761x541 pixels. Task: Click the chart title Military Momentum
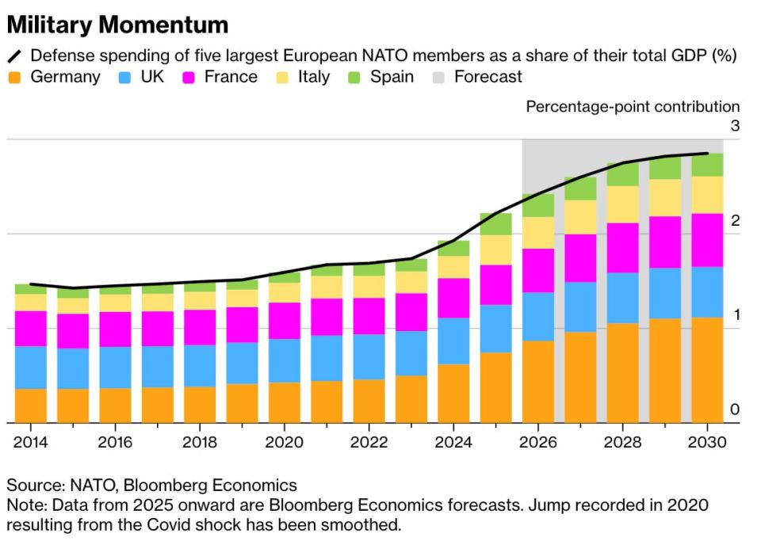(x=117, y=25)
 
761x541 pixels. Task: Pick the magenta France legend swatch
(x=189, y=78)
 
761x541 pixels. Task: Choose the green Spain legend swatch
(x=354, y=78)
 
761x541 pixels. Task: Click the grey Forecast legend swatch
(x=438, y=78)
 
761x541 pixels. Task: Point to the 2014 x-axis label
(x=29, y=442)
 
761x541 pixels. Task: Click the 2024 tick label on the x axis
(x=453, y=442)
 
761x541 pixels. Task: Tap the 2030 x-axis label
(x=707, y=442)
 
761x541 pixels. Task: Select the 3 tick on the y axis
(x=735, y=126)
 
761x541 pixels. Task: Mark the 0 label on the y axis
(x=735, y=410)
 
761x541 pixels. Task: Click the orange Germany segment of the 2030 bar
(x=707, y=370)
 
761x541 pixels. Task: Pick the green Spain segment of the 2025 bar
(x=495, y=224)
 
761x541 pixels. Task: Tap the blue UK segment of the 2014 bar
(x=30, y=368)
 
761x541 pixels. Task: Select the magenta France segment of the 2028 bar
(x=622, y=248)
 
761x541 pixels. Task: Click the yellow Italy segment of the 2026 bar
(x=538, y=232)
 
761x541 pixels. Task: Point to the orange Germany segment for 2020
(x=284, y=402)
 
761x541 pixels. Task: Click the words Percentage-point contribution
(x=633, y=107)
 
